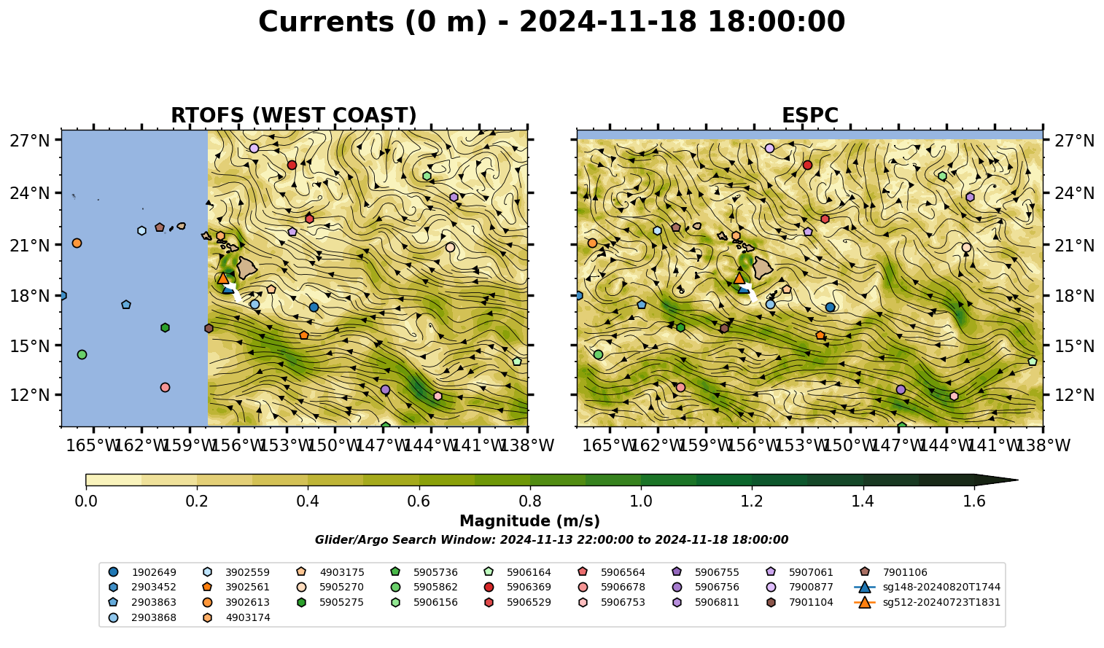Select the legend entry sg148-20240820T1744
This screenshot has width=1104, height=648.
click(927, 587)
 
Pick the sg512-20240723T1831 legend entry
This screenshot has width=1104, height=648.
click(927, 602)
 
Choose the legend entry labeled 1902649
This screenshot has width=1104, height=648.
click(142, 572)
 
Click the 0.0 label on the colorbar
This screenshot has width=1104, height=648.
click(86, 501)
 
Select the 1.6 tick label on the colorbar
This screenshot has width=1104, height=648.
click(974, 501)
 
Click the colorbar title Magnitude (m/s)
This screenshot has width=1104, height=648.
click(530, 521)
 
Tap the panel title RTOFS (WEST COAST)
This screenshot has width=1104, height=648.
click(294, 115)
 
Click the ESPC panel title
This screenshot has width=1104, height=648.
click(809, 115)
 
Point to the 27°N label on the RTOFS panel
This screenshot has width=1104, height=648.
click(30, 141)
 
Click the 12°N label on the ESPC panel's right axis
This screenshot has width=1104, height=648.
click(1074, 395)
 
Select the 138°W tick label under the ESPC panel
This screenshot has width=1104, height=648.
click(1043, 445)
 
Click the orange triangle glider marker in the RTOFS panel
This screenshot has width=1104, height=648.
click(223, 278)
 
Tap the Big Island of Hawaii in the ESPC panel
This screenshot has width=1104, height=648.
click(763, 268)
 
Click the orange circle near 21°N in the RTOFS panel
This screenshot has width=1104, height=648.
click(77, 243)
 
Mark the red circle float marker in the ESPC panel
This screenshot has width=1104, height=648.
click(807, 165)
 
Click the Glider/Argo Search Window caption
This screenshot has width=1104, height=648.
click(551, 540)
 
